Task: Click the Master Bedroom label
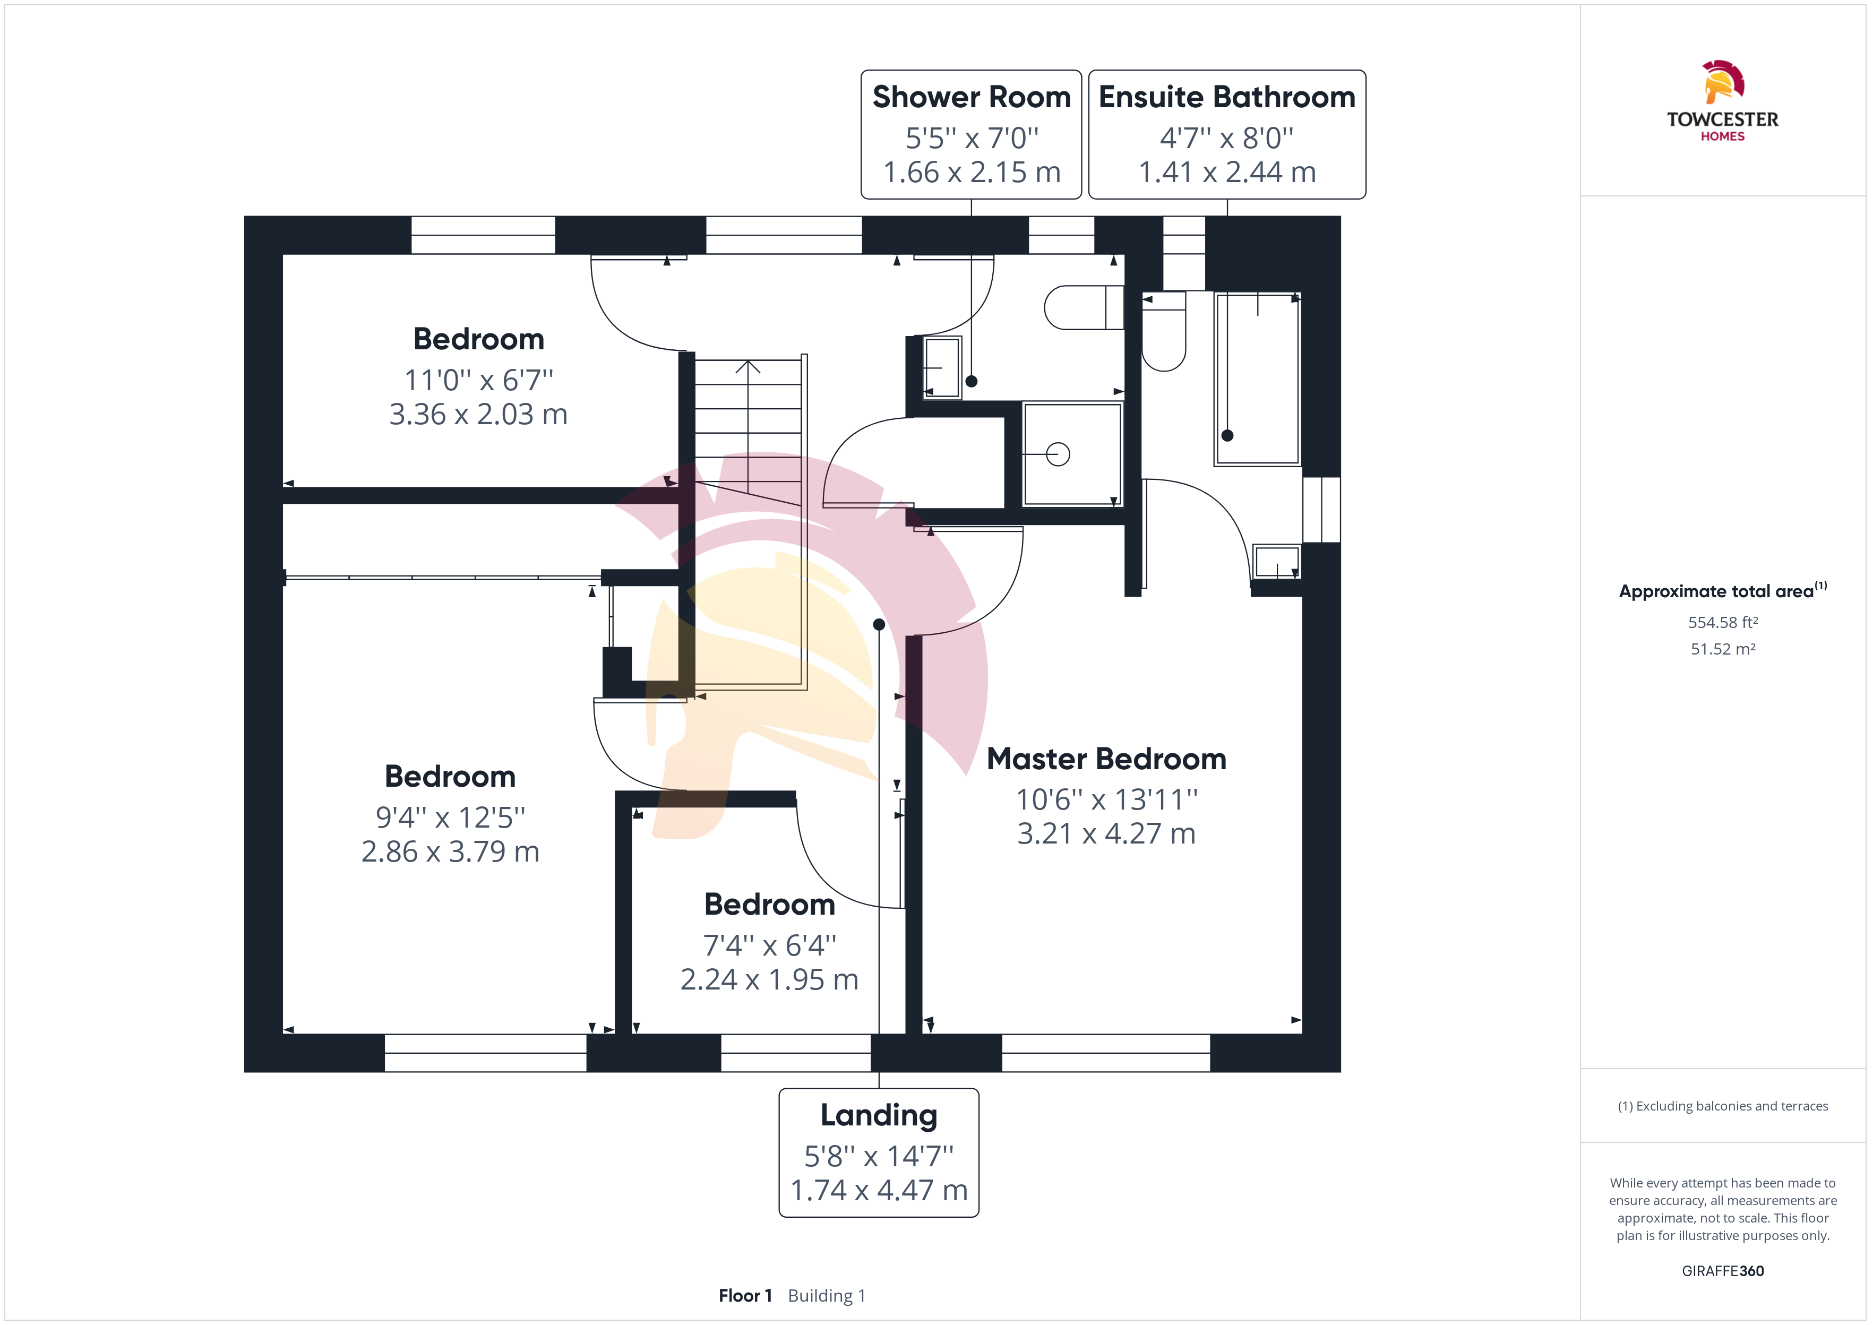click(1106, 759)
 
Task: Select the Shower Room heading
click(971, 97)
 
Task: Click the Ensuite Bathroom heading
click(1227, 97)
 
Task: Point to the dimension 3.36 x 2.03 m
click(478, 415)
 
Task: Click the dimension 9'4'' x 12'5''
click(450, 816)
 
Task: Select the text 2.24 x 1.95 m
click(769, 979)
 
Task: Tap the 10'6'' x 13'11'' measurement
click(1106, 799)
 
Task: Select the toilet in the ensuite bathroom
click(1163, 330)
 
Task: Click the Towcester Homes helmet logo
click(1723, 82)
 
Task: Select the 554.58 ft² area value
click(1723, 623)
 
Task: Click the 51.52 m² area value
click(1723, 649)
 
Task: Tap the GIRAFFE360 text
click(1723, 1271)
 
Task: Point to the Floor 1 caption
click(745, 1296)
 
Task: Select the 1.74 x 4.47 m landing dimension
click(879, 1190)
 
